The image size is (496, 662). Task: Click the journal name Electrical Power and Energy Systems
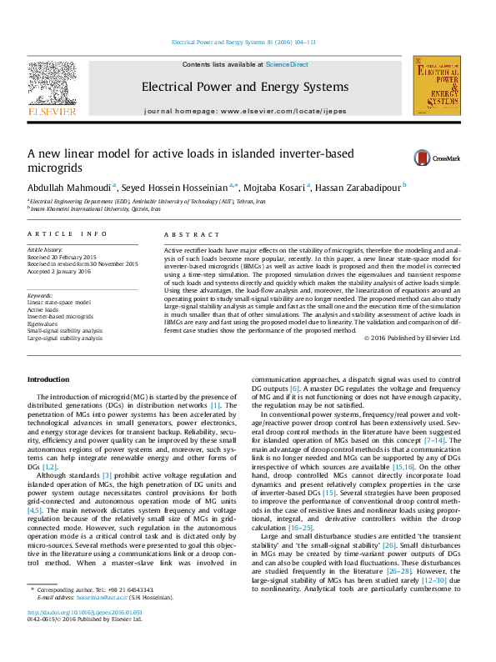coord(244,87)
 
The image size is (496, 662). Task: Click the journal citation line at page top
coord(243,42)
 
